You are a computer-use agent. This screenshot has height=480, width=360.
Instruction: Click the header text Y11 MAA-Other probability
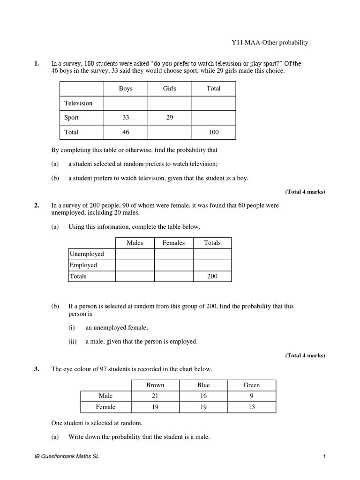click(x=268, y=43)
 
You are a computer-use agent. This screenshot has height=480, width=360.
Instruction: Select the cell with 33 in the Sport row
click(x=126, y=118)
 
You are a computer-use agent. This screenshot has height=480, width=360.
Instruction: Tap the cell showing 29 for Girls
click(x=169, y=118)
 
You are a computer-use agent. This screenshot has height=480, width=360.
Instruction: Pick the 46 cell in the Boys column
click(x=126, y=132)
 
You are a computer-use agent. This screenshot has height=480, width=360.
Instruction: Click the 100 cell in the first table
click(x=213, y=132)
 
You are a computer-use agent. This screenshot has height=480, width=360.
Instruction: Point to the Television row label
click(x=78, y=103)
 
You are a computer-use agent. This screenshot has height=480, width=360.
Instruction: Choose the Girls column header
click(x=169, y=88)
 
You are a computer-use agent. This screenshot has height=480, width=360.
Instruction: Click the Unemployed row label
click(x=87, y=254)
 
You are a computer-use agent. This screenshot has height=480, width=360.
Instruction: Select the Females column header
click(x=173, y=243)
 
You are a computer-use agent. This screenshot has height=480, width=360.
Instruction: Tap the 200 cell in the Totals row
click(x=212, y=277)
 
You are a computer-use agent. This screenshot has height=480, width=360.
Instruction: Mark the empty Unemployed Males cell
click(x=135, y=254)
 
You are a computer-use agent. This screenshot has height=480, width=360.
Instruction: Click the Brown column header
click(x=155, y=385)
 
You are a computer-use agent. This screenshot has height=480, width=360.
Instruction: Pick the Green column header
click(x=252, y=385)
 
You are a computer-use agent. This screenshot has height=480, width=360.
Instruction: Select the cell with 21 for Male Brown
click(x=155, y=396)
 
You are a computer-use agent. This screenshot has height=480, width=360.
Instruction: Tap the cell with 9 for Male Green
click(x=252, y=396)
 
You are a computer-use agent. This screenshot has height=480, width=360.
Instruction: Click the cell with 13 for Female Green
click(x=252, y=407)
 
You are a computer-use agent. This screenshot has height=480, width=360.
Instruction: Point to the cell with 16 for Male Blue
click(x=203, y=396)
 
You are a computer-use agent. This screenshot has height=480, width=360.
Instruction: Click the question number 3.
click(x=36, y=369)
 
